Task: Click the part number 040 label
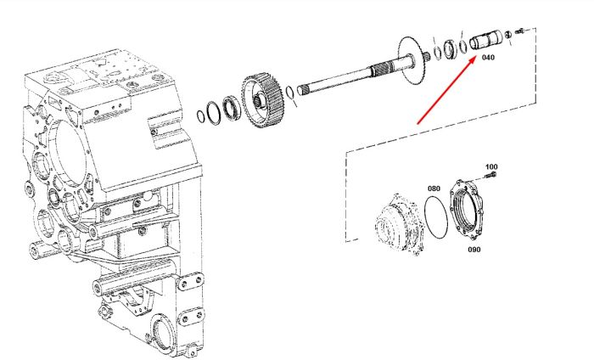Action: click(x=488, y=57)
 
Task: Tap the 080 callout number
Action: click(x=434, y=188)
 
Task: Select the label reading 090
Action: click(x=474, y=250)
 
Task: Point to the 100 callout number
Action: click(x=491, y=166)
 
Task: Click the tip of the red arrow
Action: click(x=476, y=57)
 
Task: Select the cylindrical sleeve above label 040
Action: click(x=485, y=39)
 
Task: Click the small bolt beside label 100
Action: click(x=491, y=175)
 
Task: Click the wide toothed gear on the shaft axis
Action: click(x=262, y=101)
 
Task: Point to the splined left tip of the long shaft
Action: click(x=302, y=89)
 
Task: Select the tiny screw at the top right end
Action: click(x=520, y=31)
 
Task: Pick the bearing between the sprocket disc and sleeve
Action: click(x=450, y=49)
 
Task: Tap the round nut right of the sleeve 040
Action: click(x=509, y=35)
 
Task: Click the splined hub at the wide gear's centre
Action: click(x=258, y=100)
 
